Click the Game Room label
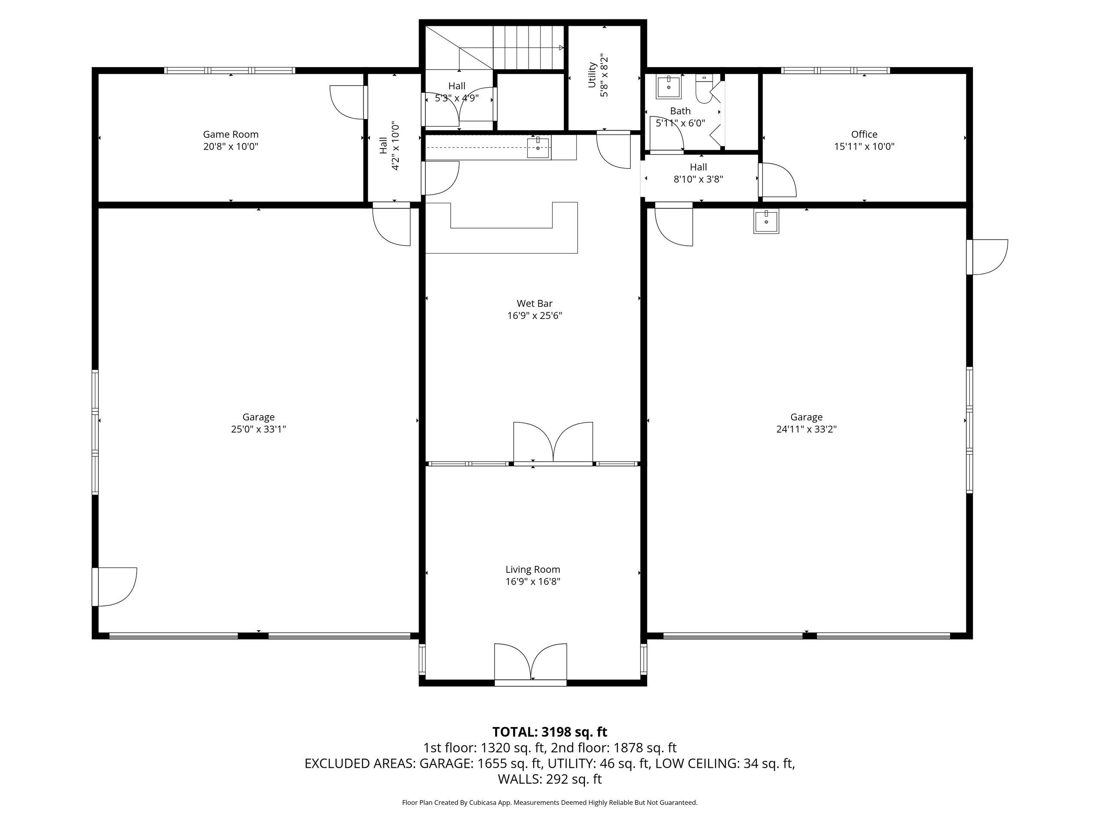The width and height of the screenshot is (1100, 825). click(x=231, y=134)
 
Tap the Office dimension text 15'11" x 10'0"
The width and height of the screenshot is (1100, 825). click(x=864, y=147)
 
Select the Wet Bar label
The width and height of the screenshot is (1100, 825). click(x=535, y=303)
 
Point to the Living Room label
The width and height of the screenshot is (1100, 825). click(x=532, y=569)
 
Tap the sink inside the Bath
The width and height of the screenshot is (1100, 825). click(x=669, y=88)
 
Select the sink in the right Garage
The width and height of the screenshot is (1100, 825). click(x=766, y=221)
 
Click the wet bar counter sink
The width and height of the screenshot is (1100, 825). click(x=538, y=148)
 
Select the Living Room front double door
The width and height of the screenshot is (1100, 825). click(x=531, y=663)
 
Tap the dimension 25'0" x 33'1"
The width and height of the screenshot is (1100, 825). click(x=258, y=429)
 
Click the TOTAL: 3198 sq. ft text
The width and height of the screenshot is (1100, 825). click(x=550, y=732)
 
